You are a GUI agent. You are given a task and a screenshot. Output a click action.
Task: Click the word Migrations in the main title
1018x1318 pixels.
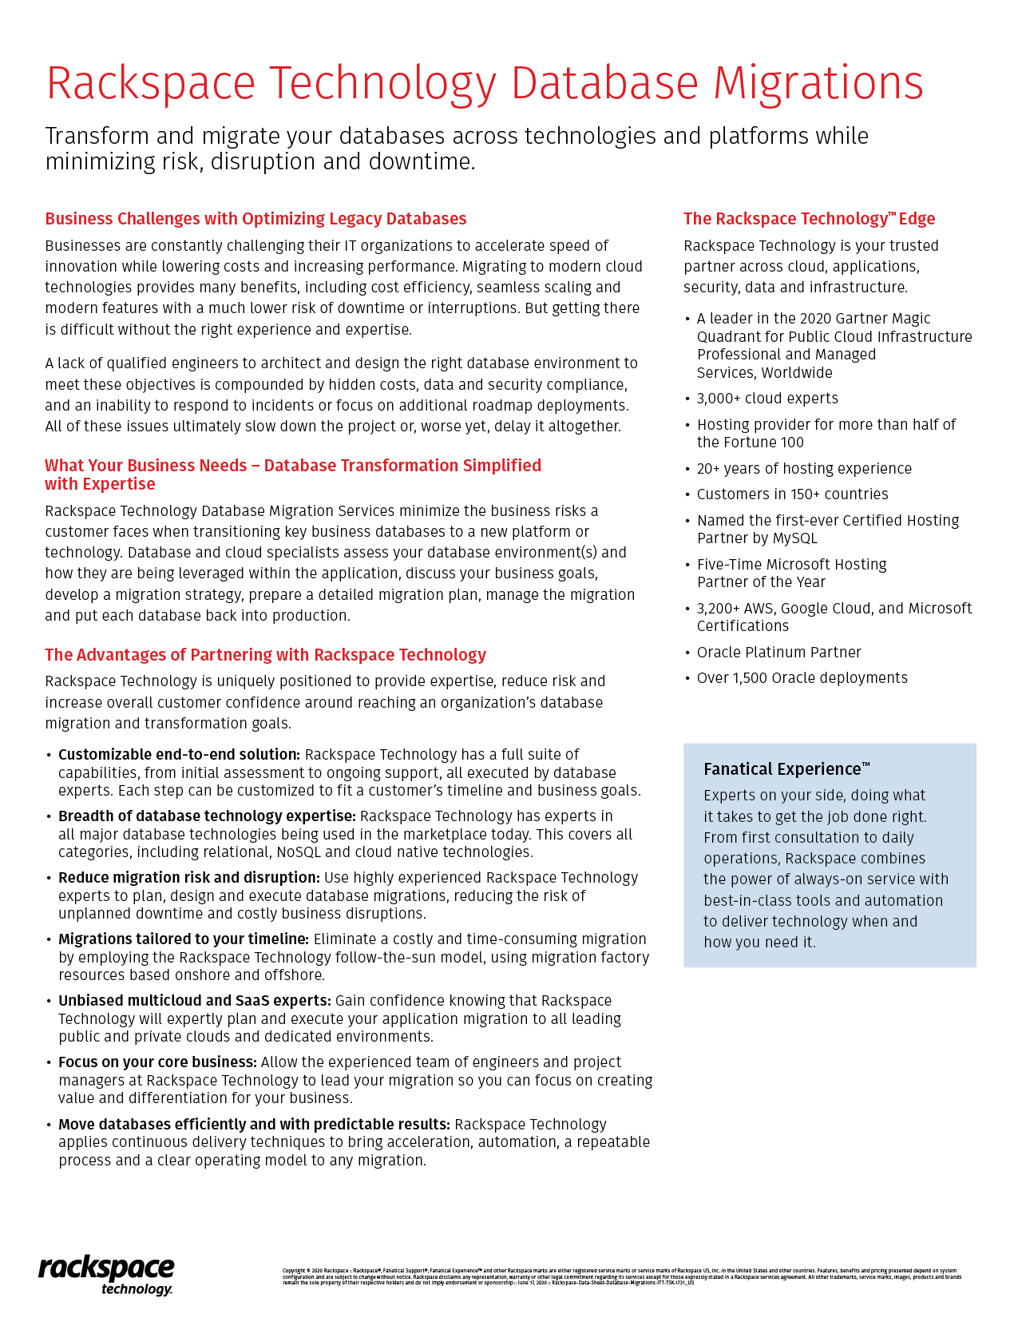point(818,83)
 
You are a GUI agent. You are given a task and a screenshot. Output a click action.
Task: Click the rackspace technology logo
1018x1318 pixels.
point(106,1276)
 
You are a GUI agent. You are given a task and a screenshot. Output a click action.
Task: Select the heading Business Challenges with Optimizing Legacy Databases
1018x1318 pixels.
point(255,219)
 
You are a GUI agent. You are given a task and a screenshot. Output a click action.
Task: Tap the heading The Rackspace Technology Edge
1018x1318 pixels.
point(809,219)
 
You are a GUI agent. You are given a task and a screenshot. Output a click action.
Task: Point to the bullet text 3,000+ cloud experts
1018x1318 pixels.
point(767,399)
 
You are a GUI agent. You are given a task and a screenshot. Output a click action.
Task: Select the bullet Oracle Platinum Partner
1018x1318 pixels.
point(778,653)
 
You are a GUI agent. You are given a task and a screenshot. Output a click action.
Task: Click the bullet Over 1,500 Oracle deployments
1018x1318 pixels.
point(802,678)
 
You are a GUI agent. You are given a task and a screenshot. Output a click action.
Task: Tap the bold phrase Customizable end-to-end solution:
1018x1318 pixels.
point(179,755)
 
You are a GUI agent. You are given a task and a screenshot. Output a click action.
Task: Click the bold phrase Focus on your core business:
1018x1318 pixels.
point(157,1062)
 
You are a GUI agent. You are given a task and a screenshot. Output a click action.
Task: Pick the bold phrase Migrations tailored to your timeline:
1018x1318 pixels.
point(184,939)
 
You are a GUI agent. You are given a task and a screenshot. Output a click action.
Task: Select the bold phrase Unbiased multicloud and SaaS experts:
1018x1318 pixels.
point(194,1001)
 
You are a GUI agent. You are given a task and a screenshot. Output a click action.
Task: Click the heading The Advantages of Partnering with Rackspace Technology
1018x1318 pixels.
point(265,655)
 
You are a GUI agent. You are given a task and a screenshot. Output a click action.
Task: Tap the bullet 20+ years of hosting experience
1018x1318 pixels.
point(804,469)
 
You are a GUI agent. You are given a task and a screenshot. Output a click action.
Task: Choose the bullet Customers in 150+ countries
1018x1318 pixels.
point(792,494)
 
